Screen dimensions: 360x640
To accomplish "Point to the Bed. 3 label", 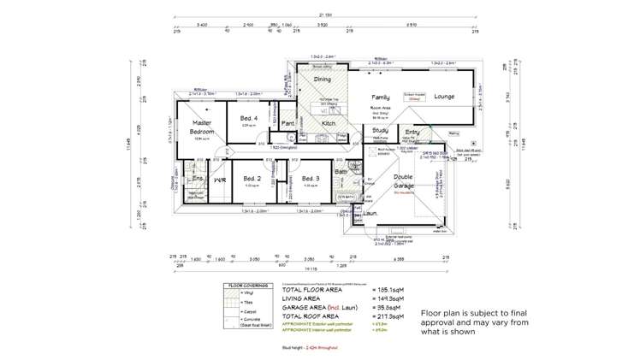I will point(311,178).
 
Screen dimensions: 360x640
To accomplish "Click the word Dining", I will point(323,80).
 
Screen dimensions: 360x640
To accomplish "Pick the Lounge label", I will point(444,97).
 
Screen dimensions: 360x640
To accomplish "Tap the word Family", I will point(381,97).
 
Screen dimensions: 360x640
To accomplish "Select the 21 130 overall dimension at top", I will point(326,14).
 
